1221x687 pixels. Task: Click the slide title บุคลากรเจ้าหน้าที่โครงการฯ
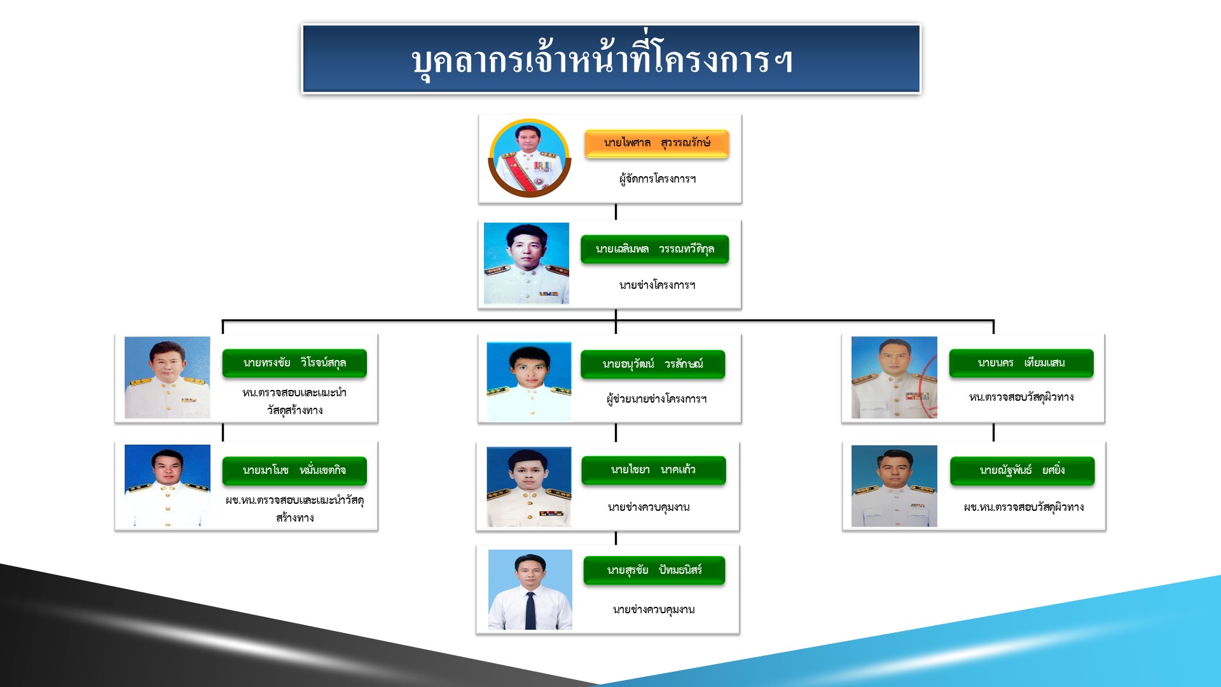pos(602,61)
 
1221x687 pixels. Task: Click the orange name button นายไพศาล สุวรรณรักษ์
pos(656,143)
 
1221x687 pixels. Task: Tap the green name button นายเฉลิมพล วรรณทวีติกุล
pos(654,249)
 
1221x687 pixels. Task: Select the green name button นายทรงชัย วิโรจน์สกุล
pos(294,363)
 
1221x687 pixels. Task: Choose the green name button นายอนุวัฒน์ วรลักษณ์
pos(652,364)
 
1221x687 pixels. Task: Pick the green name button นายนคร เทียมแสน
pos(1021,363)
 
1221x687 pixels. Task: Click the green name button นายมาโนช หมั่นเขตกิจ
pos(294,471)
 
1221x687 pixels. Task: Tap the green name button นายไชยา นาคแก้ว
pos(653,470)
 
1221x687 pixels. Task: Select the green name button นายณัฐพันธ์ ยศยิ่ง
pos(1022,471)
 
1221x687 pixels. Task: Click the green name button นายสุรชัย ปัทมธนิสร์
pos(654,571)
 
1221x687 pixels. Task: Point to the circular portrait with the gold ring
pos(529,158)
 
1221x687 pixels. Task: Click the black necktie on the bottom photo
pos(530,610)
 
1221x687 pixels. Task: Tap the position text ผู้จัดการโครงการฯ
pos(658,179)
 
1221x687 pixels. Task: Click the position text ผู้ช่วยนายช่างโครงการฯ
pos(656,399)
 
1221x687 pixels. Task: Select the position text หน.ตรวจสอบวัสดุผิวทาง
pos(1021,398)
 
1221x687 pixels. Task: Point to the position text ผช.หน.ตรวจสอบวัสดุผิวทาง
pos(1024,507)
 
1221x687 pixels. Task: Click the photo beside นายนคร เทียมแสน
pos(894,377)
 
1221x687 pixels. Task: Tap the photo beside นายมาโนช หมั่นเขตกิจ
pos(167,485)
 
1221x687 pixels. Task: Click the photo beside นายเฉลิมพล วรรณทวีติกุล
pos(527,263)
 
